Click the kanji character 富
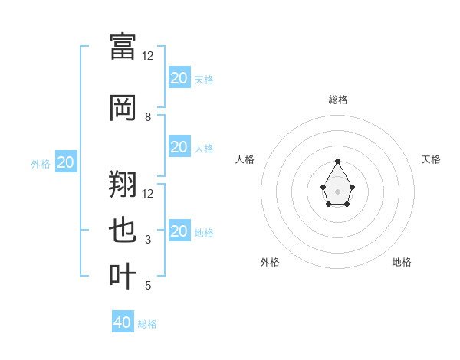(123, 46)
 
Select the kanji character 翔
(123, 184)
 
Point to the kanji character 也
(123, 231)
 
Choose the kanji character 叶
(123, 276)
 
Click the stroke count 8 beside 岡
(148, 117)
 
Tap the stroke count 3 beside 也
(148, 240)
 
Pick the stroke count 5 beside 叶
(148, 286)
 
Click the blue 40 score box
(123, 322)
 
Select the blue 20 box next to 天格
(179, 78)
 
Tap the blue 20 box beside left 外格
(66, 162)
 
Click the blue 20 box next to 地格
(179, 231)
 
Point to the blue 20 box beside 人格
(179, 147)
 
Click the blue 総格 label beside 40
(147, 324)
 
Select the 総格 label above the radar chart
(338, 100)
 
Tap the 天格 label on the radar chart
(432, 159)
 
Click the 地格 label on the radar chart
(402, 262)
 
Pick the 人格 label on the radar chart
(245, 159)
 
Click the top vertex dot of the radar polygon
(338, 162)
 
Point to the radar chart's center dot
(338, 191)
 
